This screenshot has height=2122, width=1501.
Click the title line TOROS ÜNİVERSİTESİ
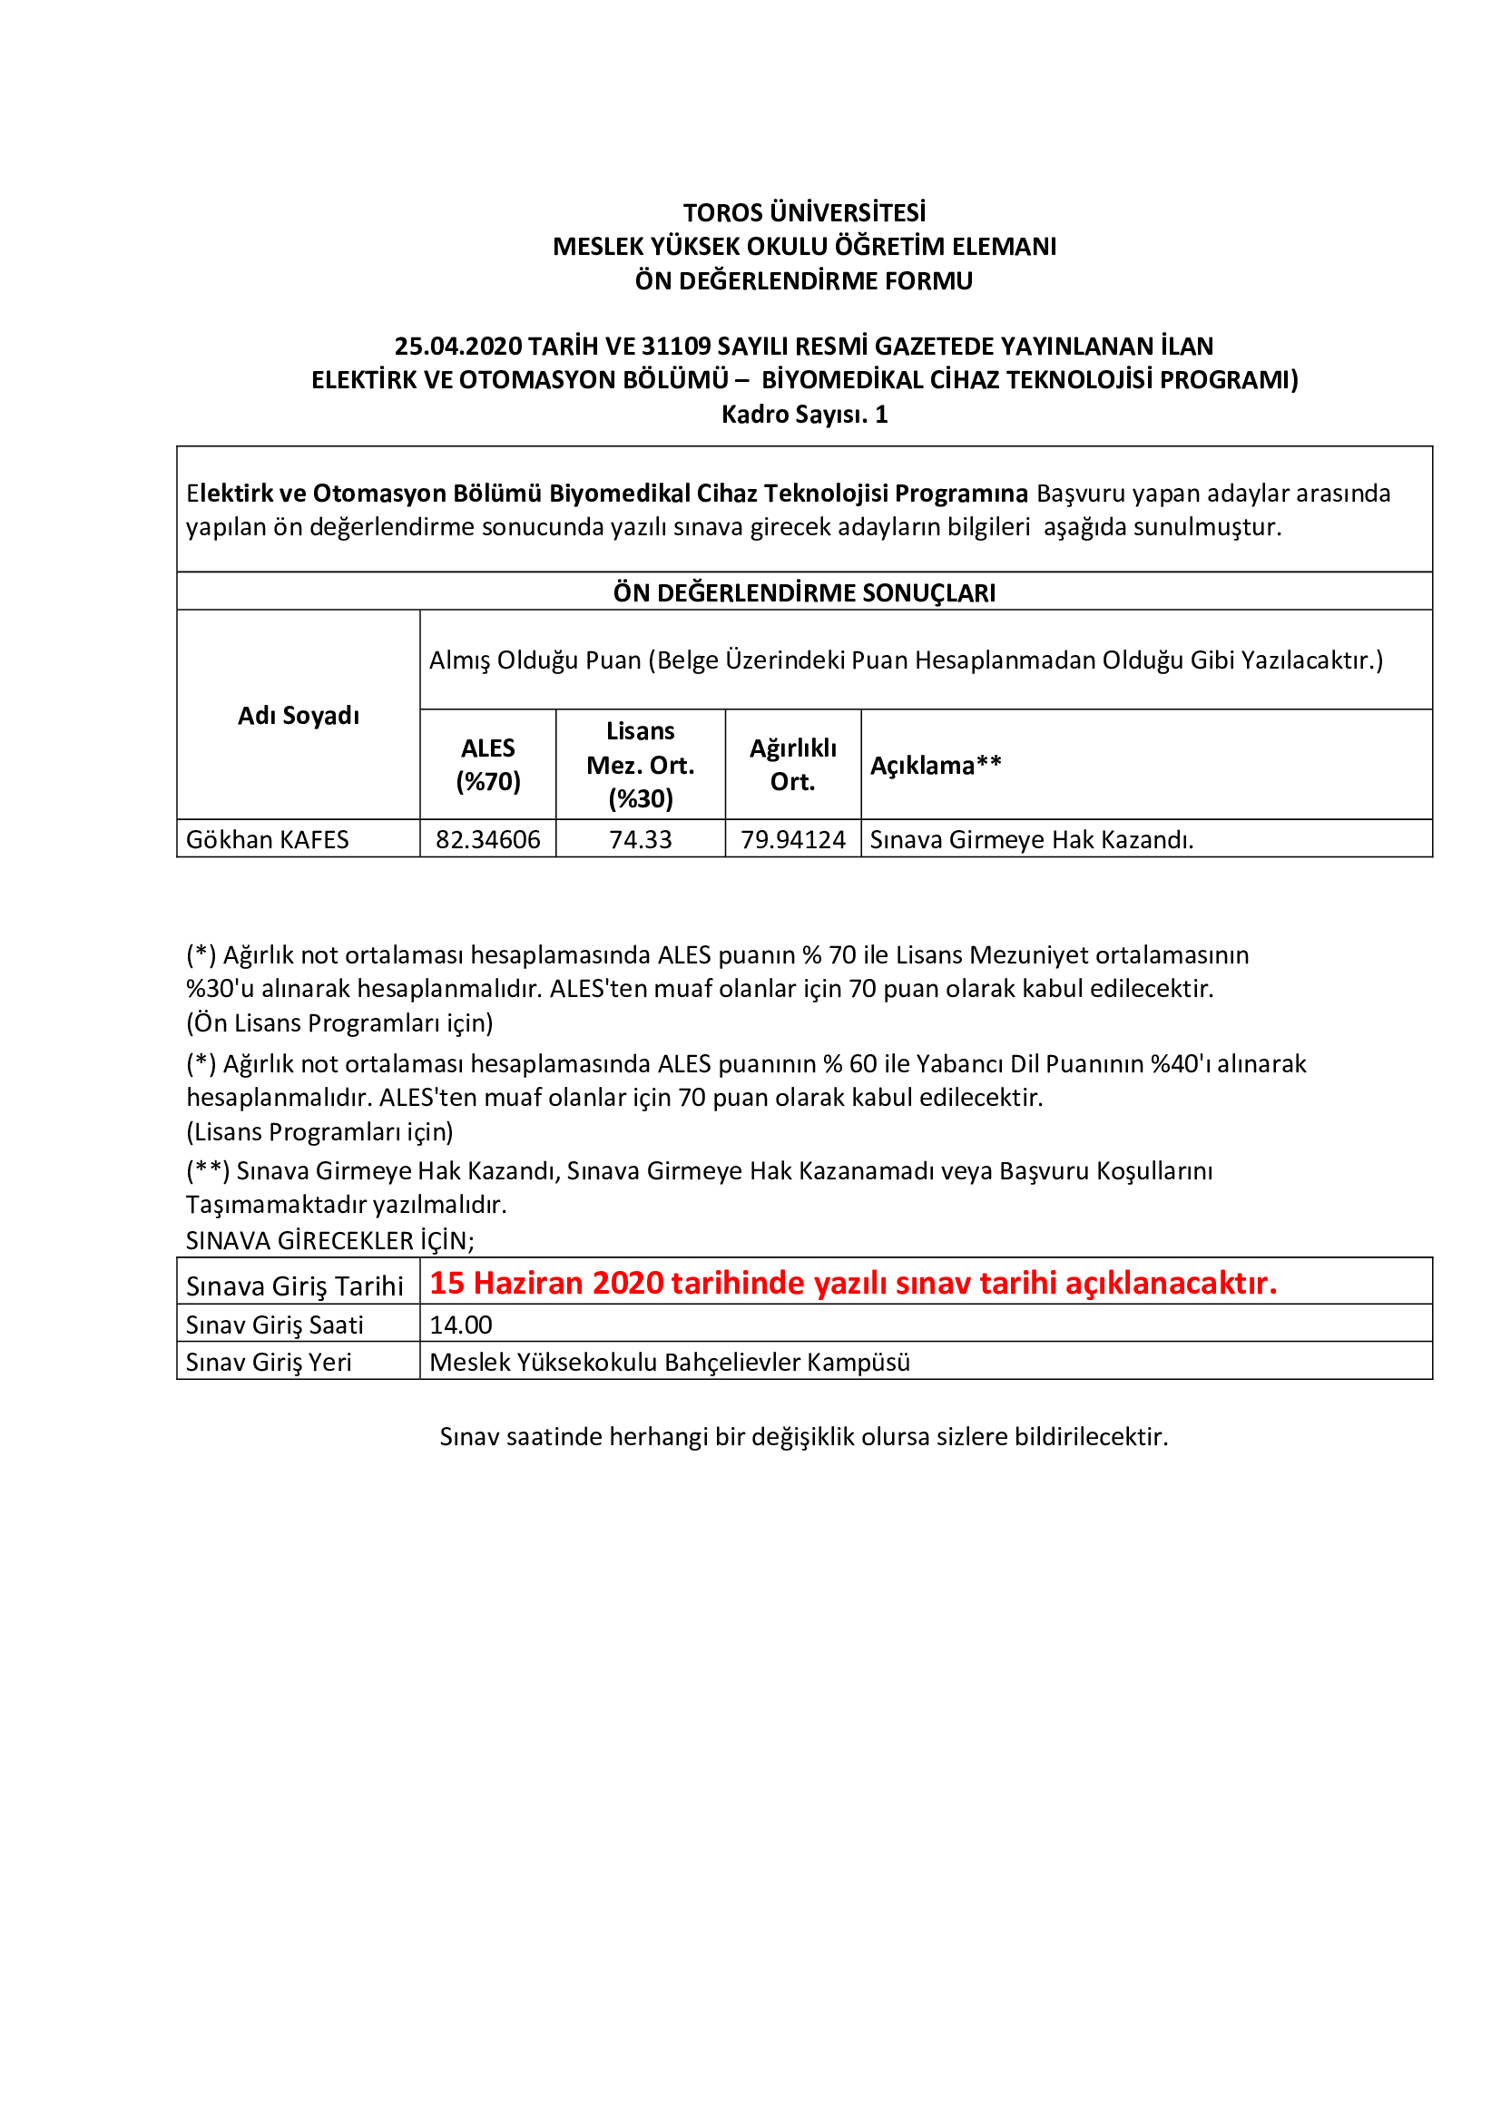point(804,212)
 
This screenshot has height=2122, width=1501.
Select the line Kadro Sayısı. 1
point(804,414)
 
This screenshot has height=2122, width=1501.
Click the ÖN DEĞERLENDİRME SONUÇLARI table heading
point(804,592)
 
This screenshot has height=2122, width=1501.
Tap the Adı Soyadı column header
point(298,715)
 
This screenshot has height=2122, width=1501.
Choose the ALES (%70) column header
point(488,764)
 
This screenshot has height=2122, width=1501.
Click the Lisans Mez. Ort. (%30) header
point(641,764)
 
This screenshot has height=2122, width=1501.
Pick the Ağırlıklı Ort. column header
point(793,764)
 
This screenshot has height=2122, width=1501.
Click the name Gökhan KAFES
point(267,839)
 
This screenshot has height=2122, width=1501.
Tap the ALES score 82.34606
point(488,839)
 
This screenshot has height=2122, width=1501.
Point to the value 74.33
point(641,839)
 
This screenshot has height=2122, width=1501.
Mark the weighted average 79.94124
point(793,839)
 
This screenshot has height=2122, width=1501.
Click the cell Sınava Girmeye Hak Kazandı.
point(1032,839)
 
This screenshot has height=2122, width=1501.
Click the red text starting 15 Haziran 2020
point(852,1283)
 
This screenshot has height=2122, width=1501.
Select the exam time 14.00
point(460,1325)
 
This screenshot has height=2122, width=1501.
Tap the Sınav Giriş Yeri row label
point(269,1363)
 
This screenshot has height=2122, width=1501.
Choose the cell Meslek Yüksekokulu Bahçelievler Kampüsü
point(669,1363)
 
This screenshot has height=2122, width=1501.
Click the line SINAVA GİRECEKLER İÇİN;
point(330,1240)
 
